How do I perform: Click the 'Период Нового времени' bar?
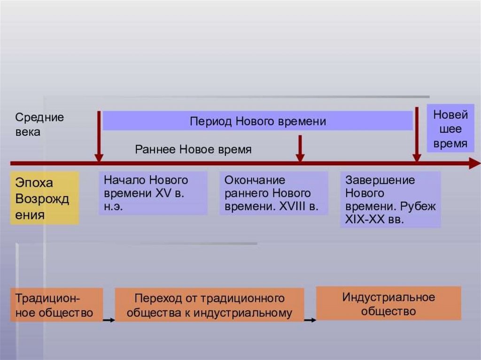257,121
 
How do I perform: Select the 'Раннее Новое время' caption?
194,149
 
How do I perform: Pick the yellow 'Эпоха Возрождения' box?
45,198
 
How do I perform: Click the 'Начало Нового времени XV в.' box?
153,193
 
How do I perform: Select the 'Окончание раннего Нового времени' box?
273,193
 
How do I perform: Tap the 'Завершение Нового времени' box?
390,199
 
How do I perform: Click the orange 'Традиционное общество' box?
56,305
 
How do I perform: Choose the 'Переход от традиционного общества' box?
209,305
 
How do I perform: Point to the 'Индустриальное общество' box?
388,303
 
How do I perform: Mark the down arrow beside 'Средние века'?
99,136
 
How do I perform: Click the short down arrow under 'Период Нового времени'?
300,148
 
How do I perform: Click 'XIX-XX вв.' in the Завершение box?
374,219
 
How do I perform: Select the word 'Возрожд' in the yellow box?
42,199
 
